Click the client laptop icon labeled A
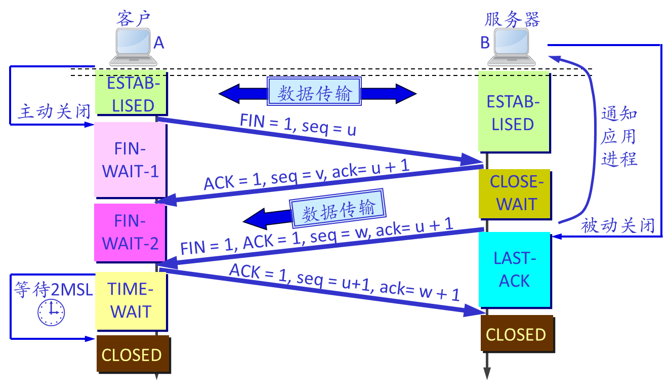coord(133,47)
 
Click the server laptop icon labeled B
coord(511,47)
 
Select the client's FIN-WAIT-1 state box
coord(130,160)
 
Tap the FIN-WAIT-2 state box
coord(130,232)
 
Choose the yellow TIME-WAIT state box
coord(131,300)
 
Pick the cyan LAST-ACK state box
coord(514,269)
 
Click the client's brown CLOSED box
coord(132,355)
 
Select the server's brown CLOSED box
coord(516,334)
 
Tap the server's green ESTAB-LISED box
coord(513,112)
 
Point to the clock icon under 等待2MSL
coord(51,312)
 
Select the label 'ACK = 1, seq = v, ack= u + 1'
coord(306,175)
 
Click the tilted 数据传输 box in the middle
coord(338,208)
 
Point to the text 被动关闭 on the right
coord(618,225)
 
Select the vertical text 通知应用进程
coord(618,137)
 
